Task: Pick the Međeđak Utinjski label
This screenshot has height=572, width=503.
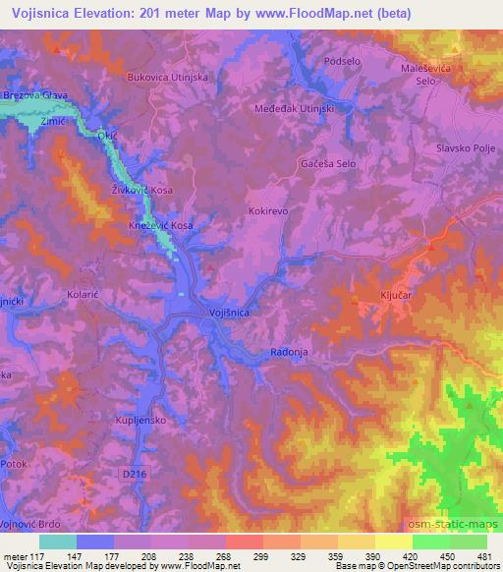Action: [297, 108]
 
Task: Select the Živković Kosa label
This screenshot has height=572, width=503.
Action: [141, 190]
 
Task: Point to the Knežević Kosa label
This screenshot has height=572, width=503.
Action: [161, 225]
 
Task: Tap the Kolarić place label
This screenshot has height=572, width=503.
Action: [84, 293]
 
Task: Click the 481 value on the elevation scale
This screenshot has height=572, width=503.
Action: [481, 558]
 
